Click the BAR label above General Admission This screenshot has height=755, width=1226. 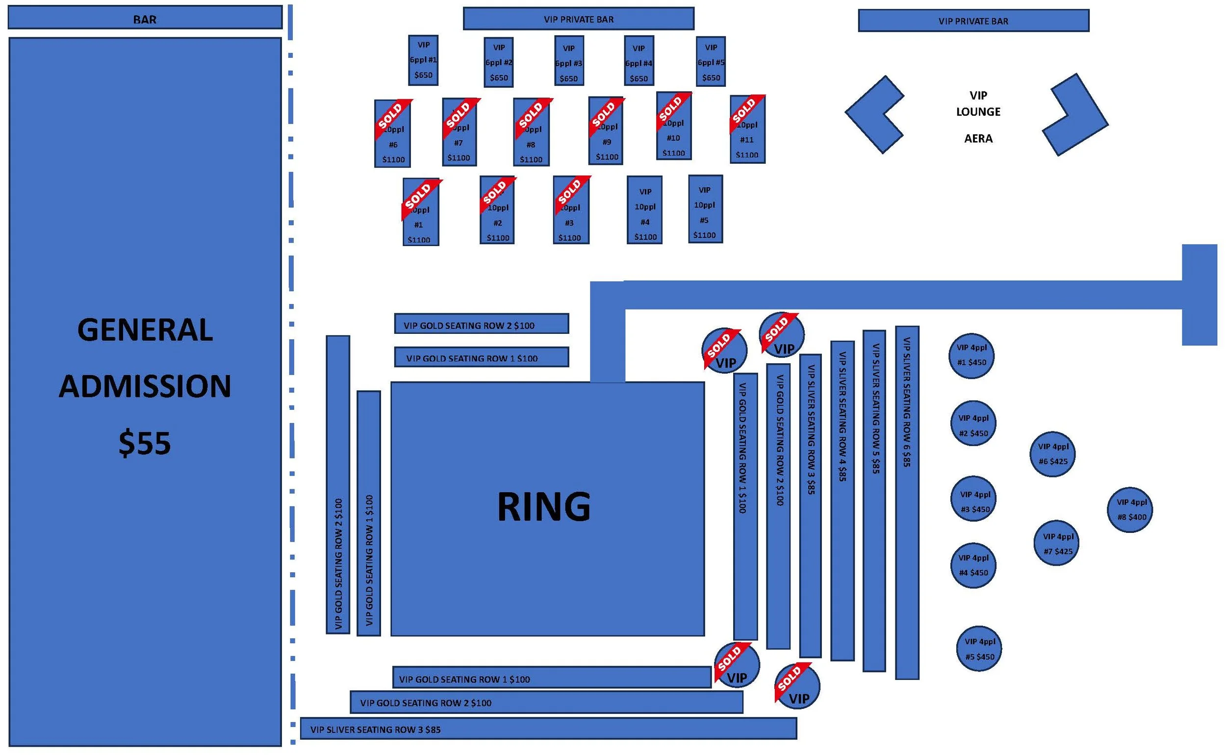tap(145, 19)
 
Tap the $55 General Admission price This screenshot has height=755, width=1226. tap(145, 443)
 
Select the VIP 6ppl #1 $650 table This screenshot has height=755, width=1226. tap(424, 60)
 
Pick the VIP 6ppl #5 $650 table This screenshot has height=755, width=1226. tap(711, 62)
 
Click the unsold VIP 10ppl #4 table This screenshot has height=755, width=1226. tap(645, 210)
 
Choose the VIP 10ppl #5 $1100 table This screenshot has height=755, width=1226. tap(705, 210)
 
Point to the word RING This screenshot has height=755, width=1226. tap(544, 507)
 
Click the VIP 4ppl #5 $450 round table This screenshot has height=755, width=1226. tap(979, 649)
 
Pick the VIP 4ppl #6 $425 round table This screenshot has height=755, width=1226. tap(1053, 454)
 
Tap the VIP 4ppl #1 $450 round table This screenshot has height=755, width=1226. tap(971, 355)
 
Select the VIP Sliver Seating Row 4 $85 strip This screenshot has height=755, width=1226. tap(842, 501)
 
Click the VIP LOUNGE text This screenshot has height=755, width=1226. tap(978, 104)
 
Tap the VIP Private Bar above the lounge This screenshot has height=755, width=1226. tap(973, 21)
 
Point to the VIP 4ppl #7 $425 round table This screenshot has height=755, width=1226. tap(1057, 544)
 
